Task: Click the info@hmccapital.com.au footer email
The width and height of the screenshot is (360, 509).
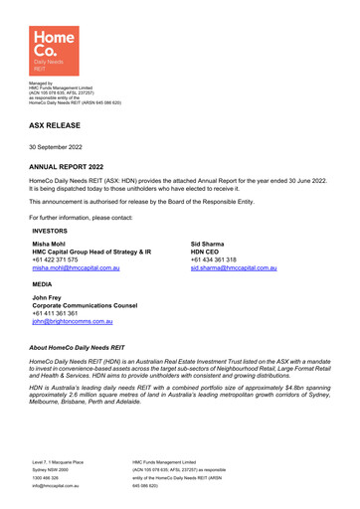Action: click(x=58, y=487)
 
